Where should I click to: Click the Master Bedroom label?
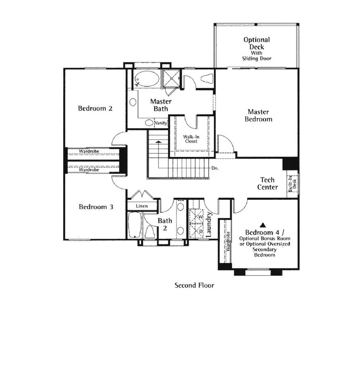coord(258,115)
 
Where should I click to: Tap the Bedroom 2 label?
coord(95,109)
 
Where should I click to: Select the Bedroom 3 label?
coord(96,207)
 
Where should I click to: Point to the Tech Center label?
coord(267,184)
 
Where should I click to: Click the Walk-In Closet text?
coord(191,139)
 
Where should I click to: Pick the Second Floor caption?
coord(195,285)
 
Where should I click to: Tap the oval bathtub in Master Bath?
coord(147,79)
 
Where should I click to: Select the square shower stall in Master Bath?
coord(172,78)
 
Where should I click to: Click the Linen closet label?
coord(142,206)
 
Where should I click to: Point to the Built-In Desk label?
coord(293,184)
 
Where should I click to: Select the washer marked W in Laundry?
coord(196,216)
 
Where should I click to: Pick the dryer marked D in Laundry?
coord(196,231)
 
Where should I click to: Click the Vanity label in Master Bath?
coord(161,123)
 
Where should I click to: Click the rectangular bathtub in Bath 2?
coord(134,225)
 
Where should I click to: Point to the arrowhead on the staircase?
coord(159,142)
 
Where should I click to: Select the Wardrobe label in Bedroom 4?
coord(228,241)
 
